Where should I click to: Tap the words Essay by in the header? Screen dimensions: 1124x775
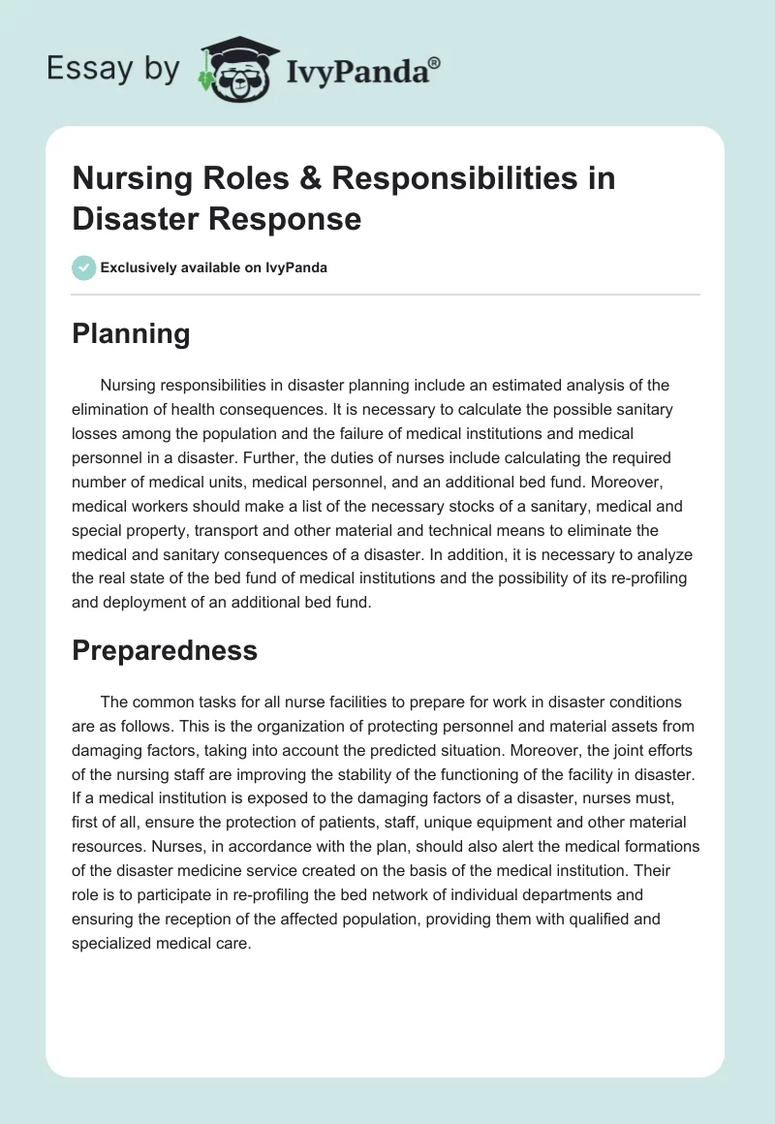pos(113,69)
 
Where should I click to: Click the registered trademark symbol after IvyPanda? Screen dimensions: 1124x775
pos(435,62)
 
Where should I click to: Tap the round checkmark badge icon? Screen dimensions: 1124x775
pos(84,267)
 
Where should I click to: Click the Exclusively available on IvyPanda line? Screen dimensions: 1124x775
pos(213,267)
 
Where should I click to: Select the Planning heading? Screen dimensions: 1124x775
pos(131,333)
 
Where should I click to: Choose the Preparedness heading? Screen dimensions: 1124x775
pos(165,650)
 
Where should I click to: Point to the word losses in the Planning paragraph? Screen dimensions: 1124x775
pos(95,432)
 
